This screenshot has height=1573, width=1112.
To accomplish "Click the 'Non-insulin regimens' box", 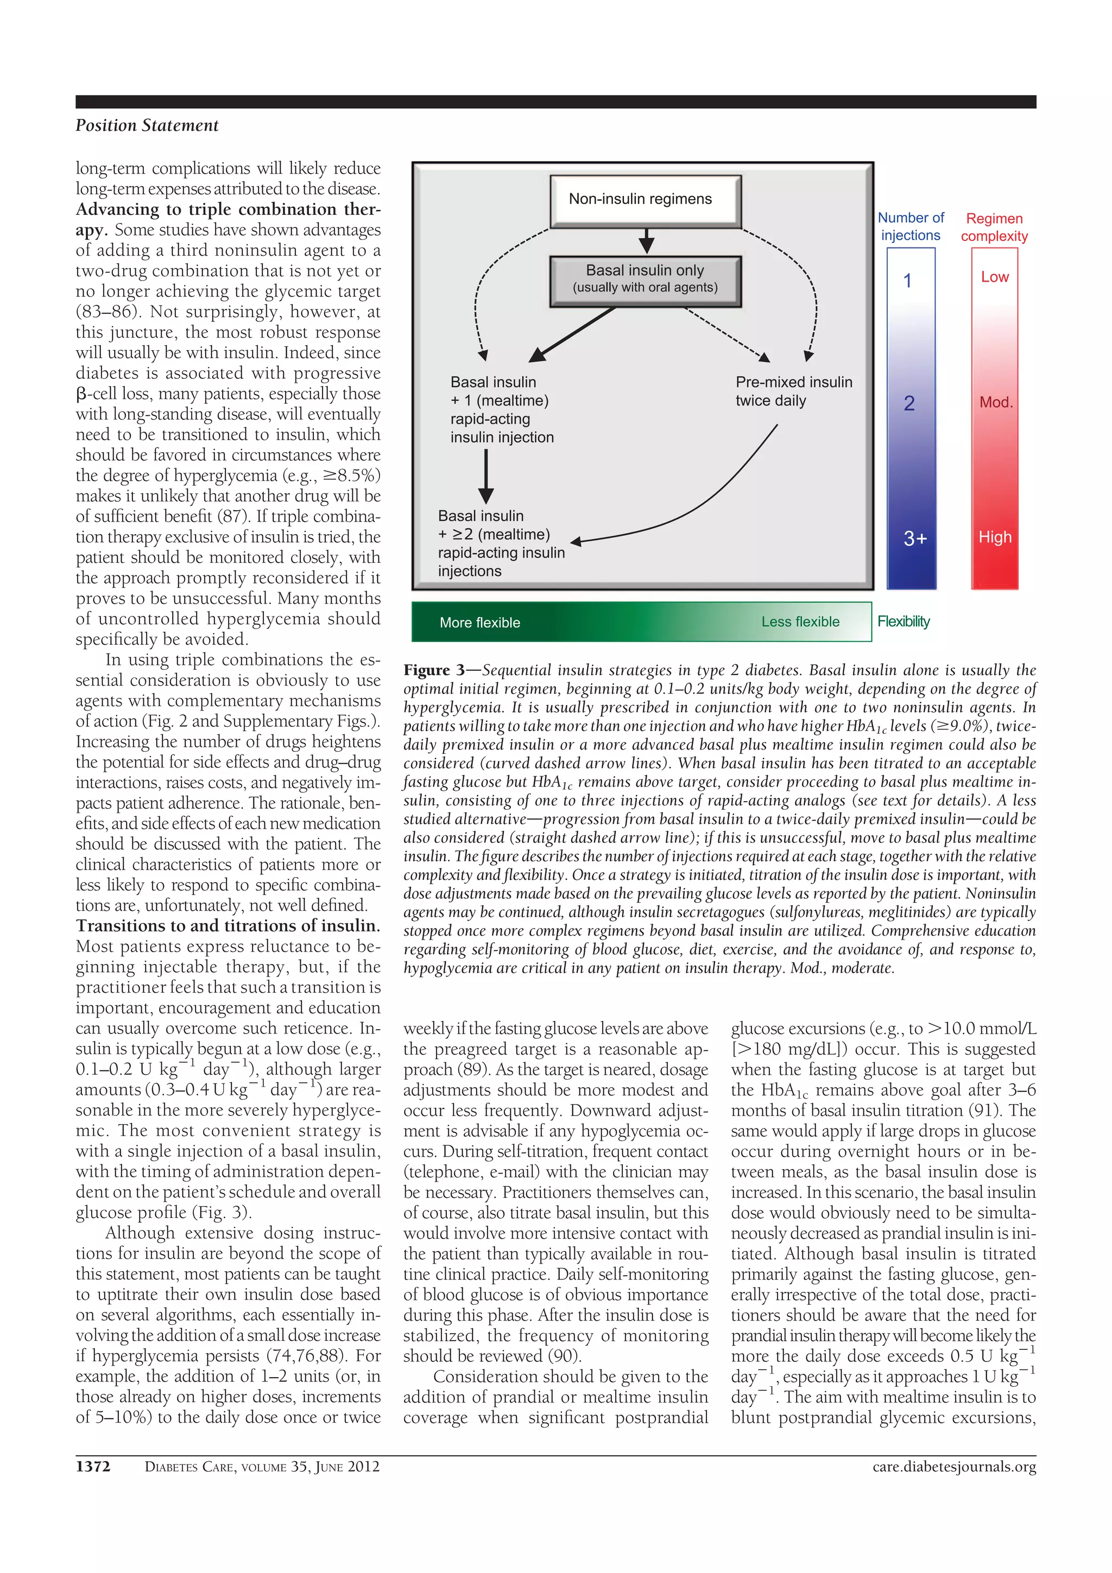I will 646,200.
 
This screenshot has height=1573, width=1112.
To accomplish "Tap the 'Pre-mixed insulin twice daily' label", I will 793,391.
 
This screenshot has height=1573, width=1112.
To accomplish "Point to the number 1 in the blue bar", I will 907,281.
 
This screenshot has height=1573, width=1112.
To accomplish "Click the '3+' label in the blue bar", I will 915,538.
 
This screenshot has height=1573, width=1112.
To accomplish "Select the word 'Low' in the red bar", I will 994,277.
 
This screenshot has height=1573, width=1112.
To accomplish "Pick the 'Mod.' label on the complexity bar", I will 995,402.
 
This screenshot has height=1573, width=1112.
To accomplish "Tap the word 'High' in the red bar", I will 994,537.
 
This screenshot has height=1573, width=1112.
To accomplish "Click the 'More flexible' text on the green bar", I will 479,623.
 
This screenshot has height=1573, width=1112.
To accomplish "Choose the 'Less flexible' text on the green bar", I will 800,621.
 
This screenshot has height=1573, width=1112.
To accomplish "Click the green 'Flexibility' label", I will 903,621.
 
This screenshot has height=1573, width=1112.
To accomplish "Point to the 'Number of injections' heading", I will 911,227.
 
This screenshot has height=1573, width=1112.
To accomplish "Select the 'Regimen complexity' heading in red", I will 994,227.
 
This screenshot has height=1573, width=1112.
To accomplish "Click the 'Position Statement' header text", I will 147,126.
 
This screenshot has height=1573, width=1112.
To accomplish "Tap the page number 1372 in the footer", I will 92,1467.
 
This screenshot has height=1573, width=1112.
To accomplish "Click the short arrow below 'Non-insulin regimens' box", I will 646,241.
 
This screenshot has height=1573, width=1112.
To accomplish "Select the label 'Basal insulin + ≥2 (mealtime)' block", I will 501,543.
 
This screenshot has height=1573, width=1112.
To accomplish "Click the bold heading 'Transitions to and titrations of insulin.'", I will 228,925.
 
